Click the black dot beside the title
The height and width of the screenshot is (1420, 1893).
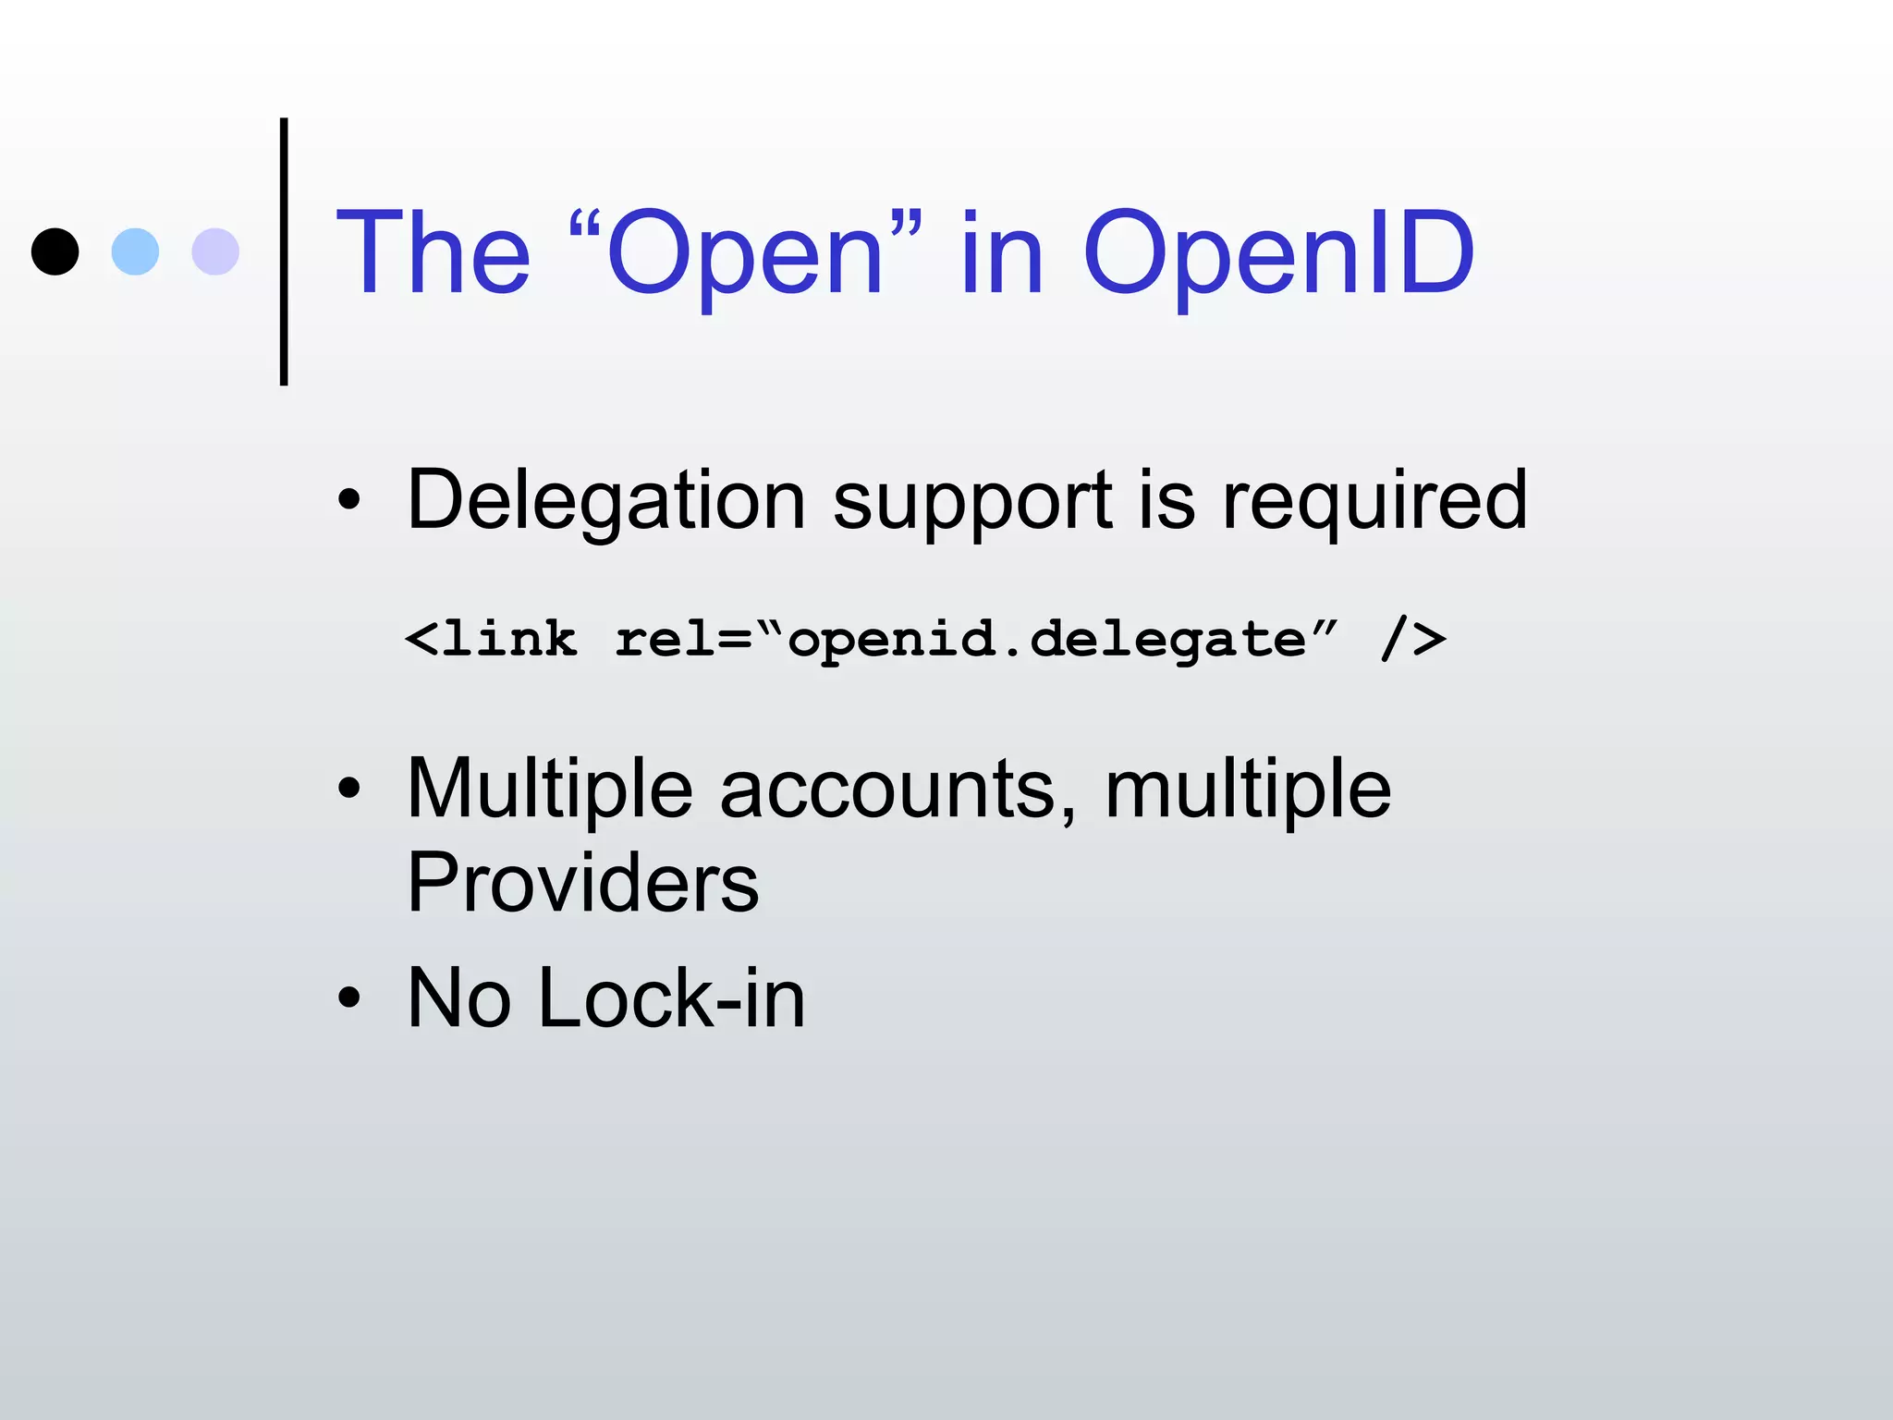(x=55, y=251)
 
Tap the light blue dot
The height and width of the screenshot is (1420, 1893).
(x=135, y=251)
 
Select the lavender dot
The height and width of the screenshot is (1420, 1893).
(x=215, y=251)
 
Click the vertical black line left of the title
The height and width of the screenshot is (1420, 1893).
(x=284, y=251)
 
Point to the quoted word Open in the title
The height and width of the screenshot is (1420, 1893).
(x=745, y=254)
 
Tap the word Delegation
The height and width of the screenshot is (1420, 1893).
(x=605, y=501)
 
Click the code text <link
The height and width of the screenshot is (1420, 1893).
(x=491, y=639)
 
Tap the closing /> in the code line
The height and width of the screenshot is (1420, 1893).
(x=1413, y=639)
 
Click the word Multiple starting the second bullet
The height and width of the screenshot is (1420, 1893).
(x=549, y=790)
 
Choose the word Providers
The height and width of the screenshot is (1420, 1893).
(x=582, y=883)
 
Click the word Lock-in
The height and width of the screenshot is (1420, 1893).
(x=671, y=998)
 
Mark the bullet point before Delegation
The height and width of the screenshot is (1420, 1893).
(x=348, y=501)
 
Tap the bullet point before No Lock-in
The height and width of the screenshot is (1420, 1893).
(x=348, y=998)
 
